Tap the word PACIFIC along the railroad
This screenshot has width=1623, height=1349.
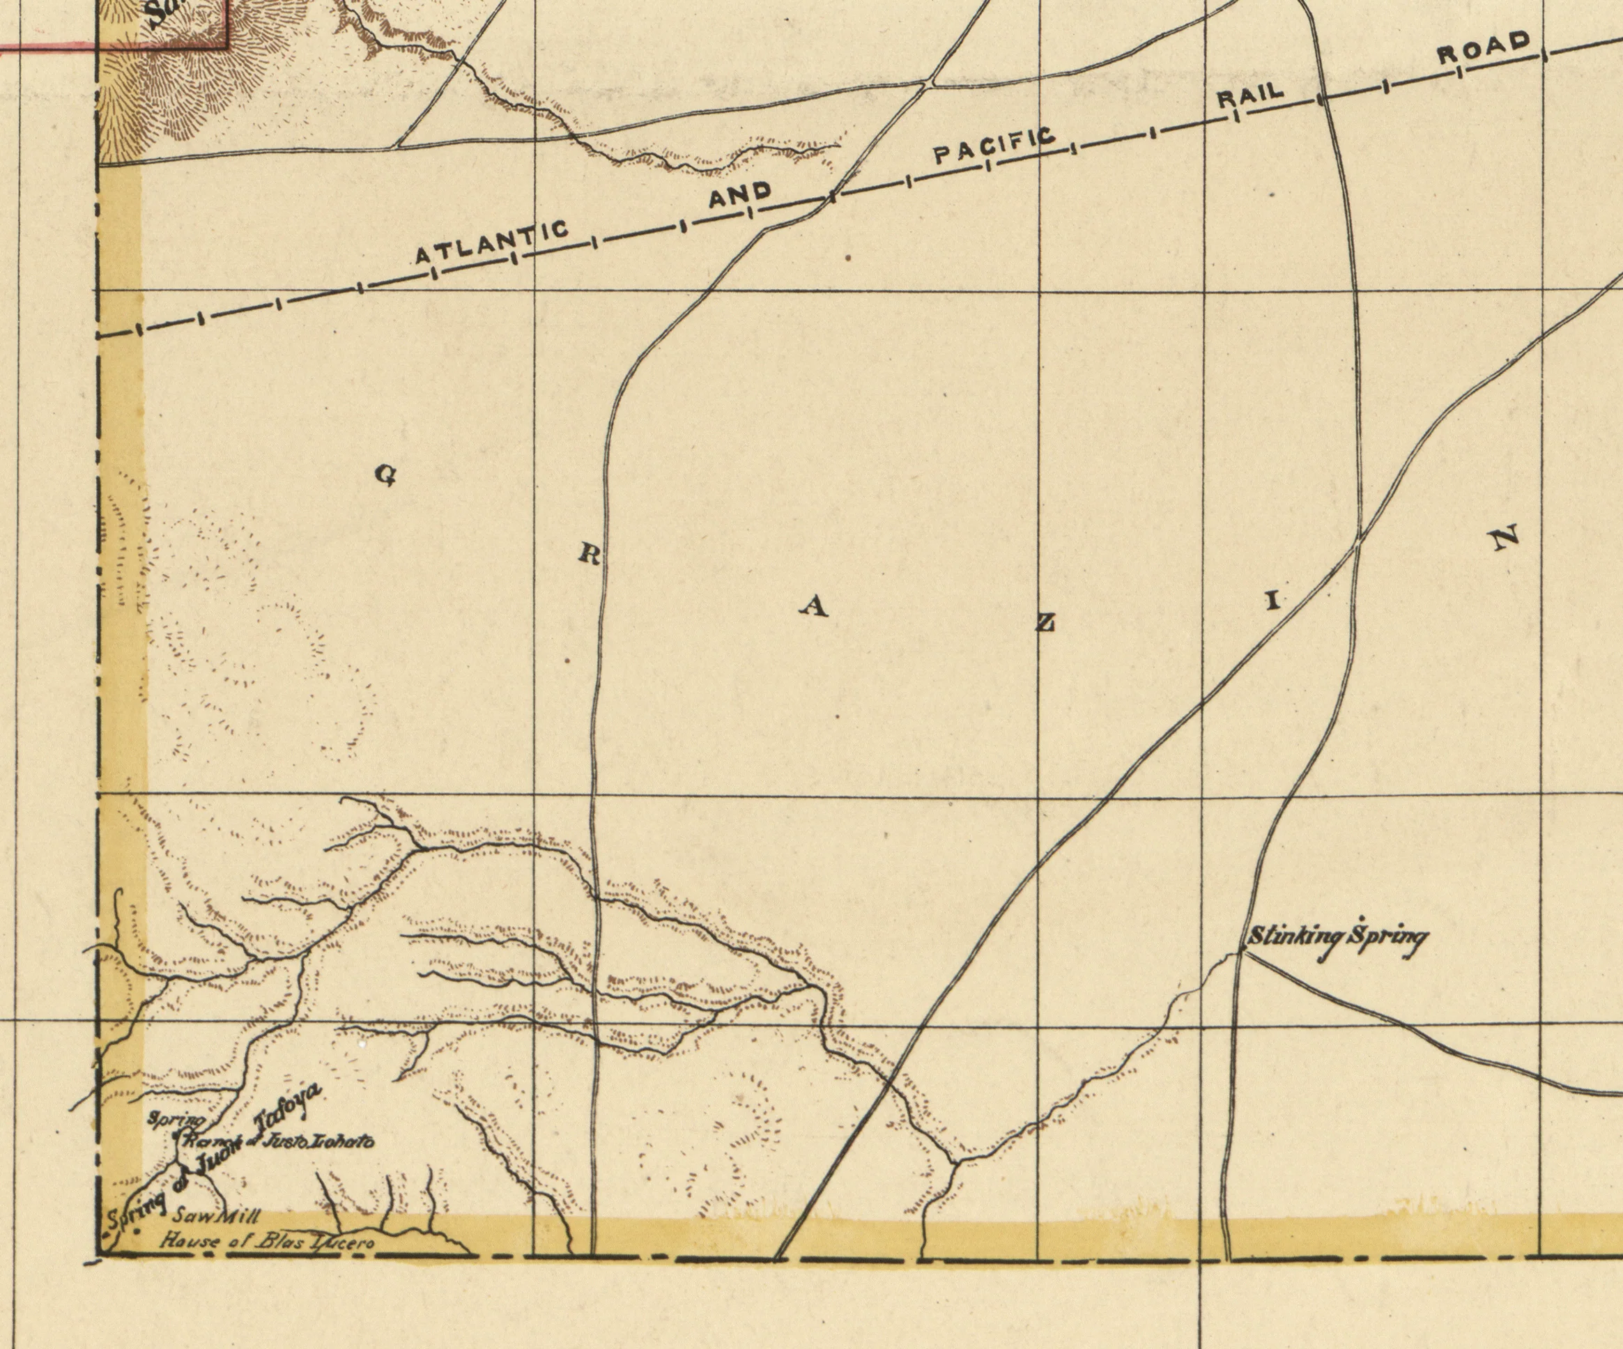pyautogui.click(x=994, y=147)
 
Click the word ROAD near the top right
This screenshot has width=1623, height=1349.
pyautogui.click(x=1484, y=47)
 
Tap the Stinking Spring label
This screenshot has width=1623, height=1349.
pyautogui.click(x=1338, y=937)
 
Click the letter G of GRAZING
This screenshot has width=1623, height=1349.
pyautogui.click(x=385, y=475)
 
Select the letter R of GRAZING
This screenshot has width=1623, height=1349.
pyautogui.click(x=589, y=555)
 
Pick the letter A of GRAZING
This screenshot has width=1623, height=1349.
pyautogui.click(x=813, y=609)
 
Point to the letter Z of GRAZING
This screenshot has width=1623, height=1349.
pyautogui.click(x=1045, y=623)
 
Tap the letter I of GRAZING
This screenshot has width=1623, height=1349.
pyautogui.click(x=1272, y=601)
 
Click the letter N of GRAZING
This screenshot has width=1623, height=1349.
pyautogui.click(x=1505, y=537)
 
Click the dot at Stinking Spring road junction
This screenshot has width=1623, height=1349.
pyautogui.click(x=1240, y=953)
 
